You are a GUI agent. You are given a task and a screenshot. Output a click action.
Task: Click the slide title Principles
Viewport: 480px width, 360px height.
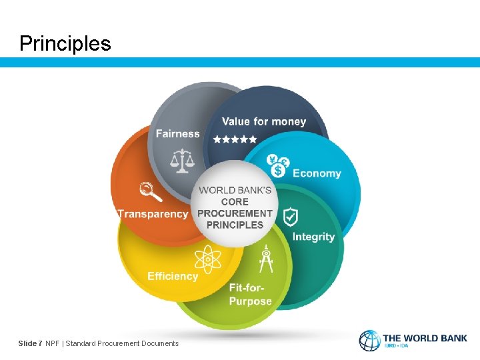pos(65,43)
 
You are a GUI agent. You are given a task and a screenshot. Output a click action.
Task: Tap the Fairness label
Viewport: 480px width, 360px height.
pos(177,133)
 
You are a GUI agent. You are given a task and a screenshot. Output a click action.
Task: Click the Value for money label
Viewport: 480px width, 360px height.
pos(263,121)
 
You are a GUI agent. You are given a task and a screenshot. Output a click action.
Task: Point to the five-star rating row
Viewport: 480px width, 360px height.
pos(235,139)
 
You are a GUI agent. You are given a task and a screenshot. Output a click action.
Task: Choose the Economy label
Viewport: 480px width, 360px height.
pos(317,173)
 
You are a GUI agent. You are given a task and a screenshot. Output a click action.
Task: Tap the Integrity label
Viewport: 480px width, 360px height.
pos(313,237)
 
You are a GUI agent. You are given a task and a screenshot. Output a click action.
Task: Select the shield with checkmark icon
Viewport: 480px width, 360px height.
pos(291,217)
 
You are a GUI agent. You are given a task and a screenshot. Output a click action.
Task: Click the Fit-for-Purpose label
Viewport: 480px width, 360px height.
pos(250,295)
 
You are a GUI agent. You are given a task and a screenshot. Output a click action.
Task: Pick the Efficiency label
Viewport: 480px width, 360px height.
pos(173,276)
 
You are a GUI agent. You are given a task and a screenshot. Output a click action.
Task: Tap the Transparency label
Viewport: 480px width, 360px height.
pos(153,214)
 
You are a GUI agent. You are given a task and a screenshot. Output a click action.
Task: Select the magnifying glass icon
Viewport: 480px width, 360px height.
pos(151,191)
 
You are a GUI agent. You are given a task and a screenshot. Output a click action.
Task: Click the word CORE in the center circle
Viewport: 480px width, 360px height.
pos(235,201)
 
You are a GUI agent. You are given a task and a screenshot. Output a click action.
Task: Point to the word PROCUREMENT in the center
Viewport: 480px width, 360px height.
pos(235,213)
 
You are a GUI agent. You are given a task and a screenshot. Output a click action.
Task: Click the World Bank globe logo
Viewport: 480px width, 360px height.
pos(369,341)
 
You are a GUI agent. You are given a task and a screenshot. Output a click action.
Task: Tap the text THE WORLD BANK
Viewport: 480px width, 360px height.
pos(425,338)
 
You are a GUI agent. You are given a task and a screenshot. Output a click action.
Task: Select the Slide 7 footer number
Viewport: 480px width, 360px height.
pos(30,343)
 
